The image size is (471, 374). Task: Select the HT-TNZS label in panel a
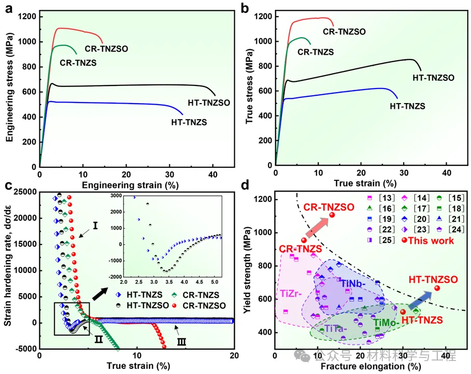(x=190, y=122)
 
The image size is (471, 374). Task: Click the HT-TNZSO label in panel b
(x=433, y=78)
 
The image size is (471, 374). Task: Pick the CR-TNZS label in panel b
(x=315, y=52)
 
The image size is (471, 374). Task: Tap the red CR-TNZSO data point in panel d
(x=332, y=215)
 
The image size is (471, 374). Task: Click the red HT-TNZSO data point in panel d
(x=437, y=289)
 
